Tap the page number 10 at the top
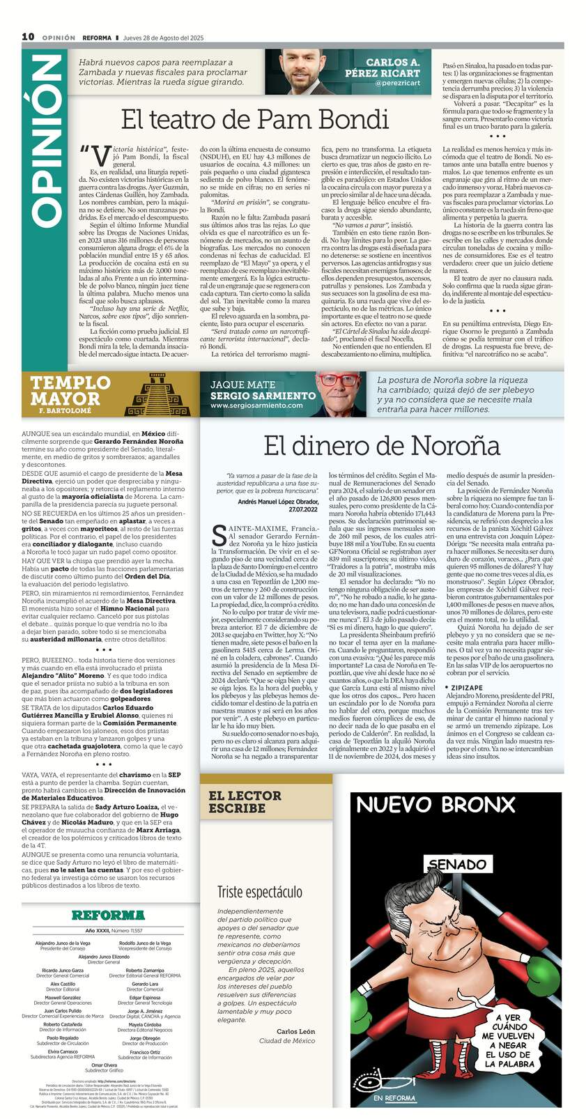click(28, 37)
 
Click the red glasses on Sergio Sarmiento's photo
click(337, 381)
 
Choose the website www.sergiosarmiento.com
click(253, 405)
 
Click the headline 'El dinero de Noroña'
click(382, 445)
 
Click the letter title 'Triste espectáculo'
click(259, 892)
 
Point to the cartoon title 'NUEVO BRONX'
click(435, 805)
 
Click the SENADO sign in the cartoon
click(456, 865)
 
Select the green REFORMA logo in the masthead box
click(107, 915)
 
